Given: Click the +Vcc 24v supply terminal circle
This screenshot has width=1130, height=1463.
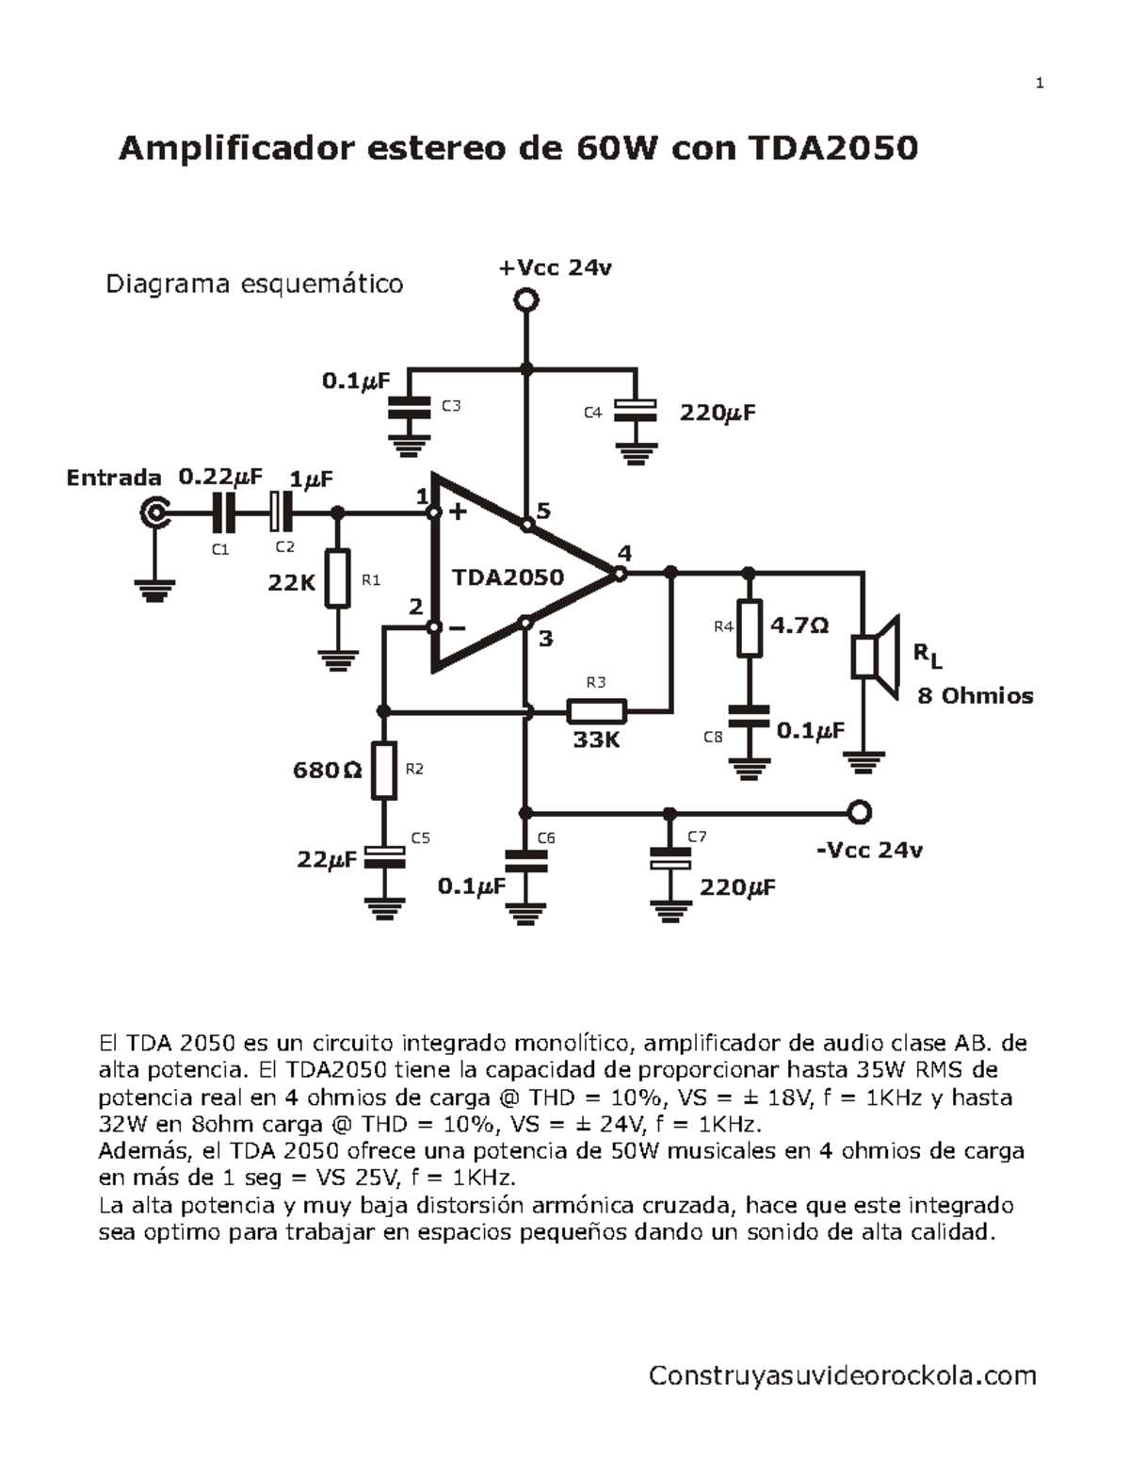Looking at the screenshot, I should [x=525, y=301].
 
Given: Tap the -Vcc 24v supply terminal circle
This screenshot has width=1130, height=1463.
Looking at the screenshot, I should [x=859, y=812].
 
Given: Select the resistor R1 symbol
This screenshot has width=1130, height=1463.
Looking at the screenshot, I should [x=337, y=578].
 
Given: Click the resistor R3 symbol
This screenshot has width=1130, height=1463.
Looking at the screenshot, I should [x=596, y=710].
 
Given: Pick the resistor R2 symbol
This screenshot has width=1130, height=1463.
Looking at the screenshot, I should [x=383, y=771].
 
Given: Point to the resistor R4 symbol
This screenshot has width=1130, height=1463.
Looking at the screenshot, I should [x=749, y=626].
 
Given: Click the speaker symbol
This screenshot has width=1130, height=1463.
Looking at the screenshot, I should [x=877, y=656].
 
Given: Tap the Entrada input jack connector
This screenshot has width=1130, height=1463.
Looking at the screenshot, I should [x=154, y=513].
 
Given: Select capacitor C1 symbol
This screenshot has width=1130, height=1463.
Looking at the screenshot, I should [x=223, y=513].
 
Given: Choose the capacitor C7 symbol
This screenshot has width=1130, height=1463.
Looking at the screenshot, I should [x=670, y=859].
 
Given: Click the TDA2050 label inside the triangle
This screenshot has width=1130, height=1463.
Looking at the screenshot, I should [x=508, y=577].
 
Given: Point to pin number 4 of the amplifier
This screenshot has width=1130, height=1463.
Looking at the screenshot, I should [x=624, y=553].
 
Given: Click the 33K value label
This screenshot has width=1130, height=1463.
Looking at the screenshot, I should [x=596, y=740].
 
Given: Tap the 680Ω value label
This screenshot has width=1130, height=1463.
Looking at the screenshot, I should [x=327, y=771].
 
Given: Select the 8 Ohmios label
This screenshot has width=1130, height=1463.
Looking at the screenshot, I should [x=975, y=696].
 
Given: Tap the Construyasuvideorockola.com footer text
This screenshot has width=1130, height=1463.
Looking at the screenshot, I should [x=842, y=1375].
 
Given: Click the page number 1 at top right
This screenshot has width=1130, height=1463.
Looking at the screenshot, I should [x=1040, y=84].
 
